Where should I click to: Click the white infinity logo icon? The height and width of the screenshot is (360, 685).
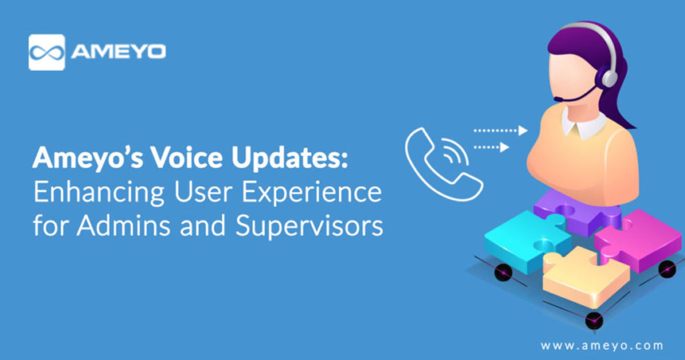click(46, 52)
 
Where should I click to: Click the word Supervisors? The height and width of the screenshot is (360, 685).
click(309, 226)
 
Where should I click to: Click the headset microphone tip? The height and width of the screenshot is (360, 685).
click(557, 100)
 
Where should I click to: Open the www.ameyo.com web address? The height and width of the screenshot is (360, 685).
click(601, 345)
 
